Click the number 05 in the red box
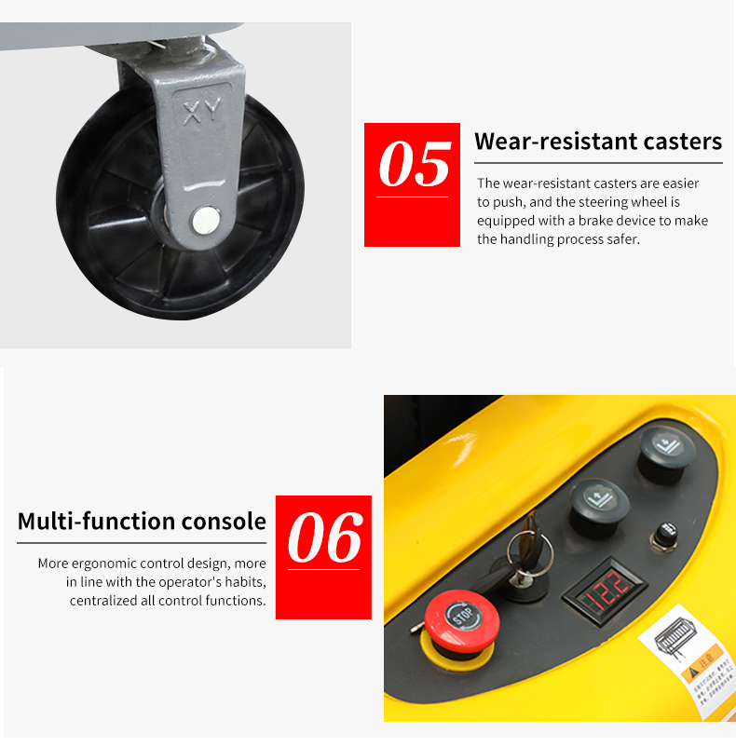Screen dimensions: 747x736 pyautogui.click(x=413, y=165)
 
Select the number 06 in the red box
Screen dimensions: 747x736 pyautogui.click(x=324, y=538)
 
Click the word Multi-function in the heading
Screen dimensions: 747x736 pyautogui.click(x=96, y=522)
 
